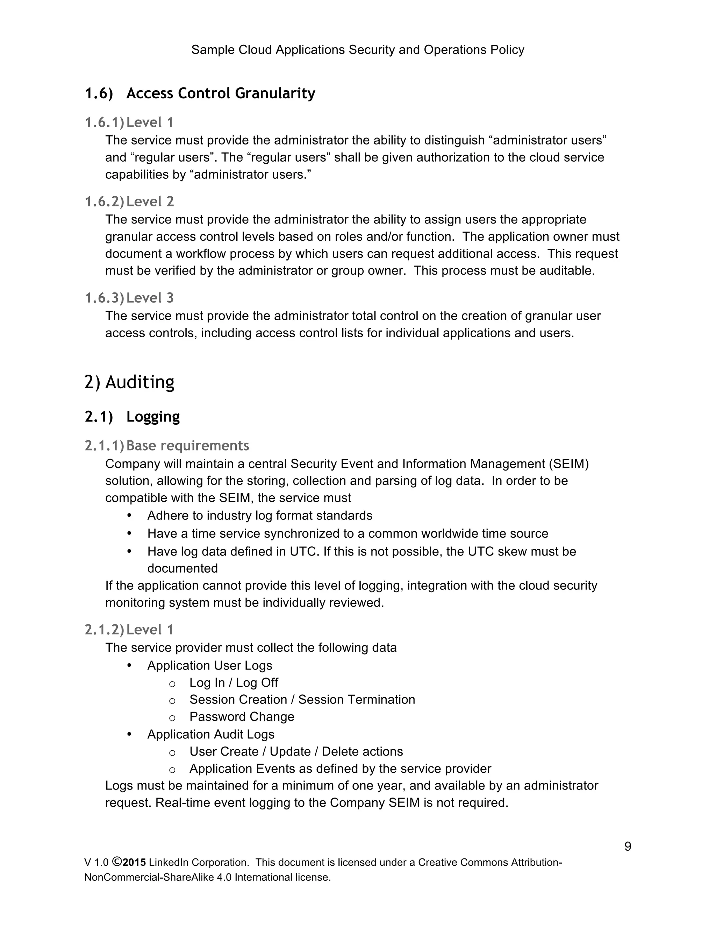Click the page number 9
[627, 846]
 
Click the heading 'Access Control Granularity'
[221, 93]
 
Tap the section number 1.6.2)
[104, 201]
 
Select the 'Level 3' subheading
[150, 298]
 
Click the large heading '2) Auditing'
[129, 382]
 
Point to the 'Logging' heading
[153, 416]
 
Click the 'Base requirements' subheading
[187, 446]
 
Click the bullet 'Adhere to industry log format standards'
[260, 516]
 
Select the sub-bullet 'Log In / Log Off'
[234, 682]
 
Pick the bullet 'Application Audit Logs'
[211, 734]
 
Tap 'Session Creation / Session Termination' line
[302, 700]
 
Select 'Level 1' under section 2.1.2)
[150, 629]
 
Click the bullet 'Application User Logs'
[209, 666]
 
